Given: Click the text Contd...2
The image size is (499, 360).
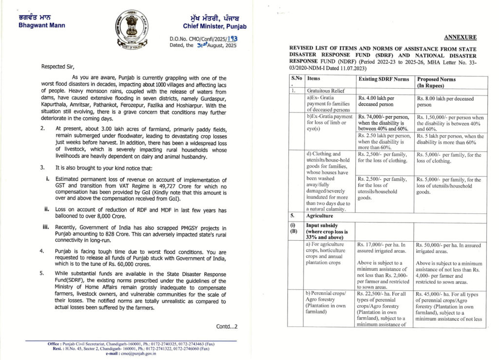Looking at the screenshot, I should pos(227,326).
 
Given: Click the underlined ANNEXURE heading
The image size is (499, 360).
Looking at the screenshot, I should pos(460,37).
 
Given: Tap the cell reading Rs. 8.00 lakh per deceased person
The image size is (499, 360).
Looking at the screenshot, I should pos(445,101).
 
